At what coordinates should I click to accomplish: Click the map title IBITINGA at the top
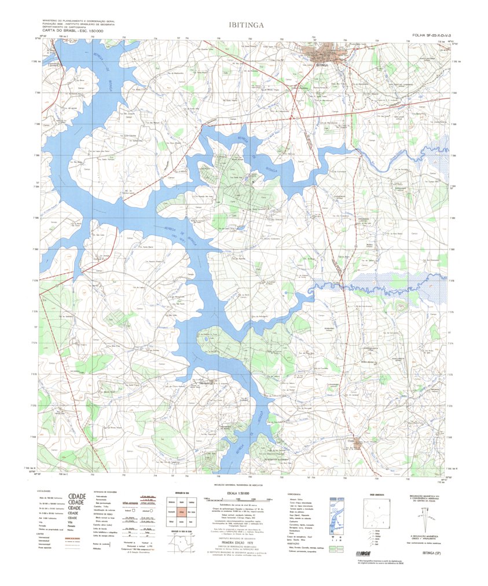pos(247,25)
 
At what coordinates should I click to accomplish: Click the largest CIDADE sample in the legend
pos(77,496)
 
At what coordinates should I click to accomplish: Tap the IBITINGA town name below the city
pos(322,66)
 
